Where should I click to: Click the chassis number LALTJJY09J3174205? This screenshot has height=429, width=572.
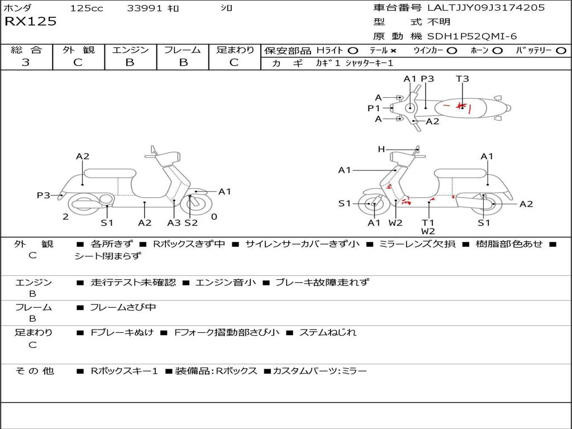click(x=486, y=8)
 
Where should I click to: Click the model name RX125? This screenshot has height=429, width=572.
click(x=31, y=22)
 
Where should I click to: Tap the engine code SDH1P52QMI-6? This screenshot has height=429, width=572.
click(x=472, y=36)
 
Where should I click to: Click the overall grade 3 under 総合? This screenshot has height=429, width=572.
click(x=26, y=63)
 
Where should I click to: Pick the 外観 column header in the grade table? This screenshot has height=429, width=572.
click(x=78, y=50)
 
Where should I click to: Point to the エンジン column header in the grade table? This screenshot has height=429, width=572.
click(x=130, y=50)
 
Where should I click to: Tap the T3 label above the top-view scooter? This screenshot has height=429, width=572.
click(x=463, y=79)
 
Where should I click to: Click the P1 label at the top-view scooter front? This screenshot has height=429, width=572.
click(x=374, y=108)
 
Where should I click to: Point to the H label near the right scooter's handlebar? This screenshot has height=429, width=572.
click(x=382, y=149)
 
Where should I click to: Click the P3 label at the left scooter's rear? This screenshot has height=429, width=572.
click(x=44, y=195)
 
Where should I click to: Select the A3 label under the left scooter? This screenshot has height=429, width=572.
click(x=174, y=223)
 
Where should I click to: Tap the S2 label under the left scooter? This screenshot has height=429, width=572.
click(x=192, y=223)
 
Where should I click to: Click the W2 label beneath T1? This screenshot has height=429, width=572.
click(x=428, y=231)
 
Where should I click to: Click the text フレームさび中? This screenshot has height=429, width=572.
click(x=123, y=307)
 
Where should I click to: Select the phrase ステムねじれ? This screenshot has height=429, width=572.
click(x=328, y=332)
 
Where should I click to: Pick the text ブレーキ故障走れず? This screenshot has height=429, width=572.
click(x=322, y=282)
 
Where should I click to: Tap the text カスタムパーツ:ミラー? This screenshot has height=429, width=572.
click(x=320, y=370)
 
